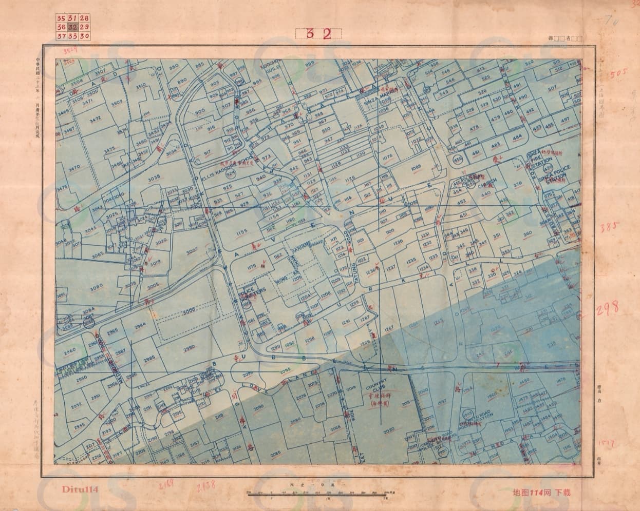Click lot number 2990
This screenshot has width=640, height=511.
pyautogui.click(x=189, y=347)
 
